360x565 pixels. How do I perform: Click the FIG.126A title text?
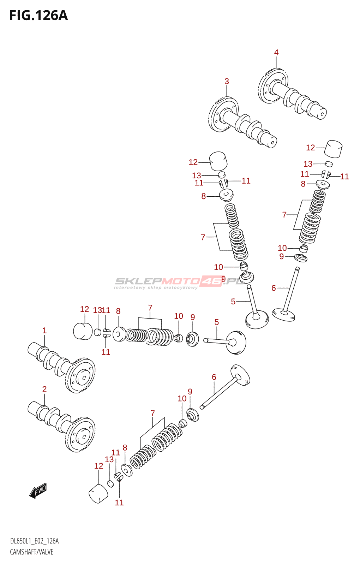pyautogui.click(x=38, y=16)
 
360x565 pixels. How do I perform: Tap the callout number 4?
pyautogui.click(x=276, y=53)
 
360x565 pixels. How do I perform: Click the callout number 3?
pyautogui.click(x=227, y=82)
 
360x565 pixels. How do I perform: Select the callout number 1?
pyautogui.click(x=44, y=331)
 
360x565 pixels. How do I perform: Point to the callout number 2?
pyautogui.click(x=44, y=389)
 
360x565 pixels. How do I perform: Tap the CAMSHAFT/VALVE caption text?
pyautogui.click(x=31, y=552)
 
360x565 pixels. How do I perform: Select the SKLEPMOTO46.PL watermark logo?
pyautogui.click(x=178, y=282)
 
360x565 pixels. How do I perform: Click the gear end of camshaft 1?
pyautogui.click(x=80, y=375)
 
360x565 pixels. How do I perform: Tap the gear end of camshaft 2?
pyautogui.click(x=80, y=434)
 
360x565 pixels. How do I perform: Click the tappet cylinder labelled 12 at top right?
pyautogui.click(x=333, y=149)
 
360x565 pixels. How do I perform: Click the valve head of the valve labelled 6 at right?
pyautogui.click(x=283, y=314)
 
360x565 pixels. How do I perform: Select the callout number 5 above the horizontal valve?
pyautogui.click(x=216, y=322)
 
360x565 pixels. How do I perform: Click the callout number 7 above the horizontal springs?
pyautogui.click(x=150, y=308)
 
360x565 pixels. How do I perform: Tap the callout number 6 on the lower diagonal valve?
pyautogui.click(x=214, y=377)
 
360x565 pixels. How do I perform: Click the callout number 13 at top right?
pyautogui.click(x=308, y=164)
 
